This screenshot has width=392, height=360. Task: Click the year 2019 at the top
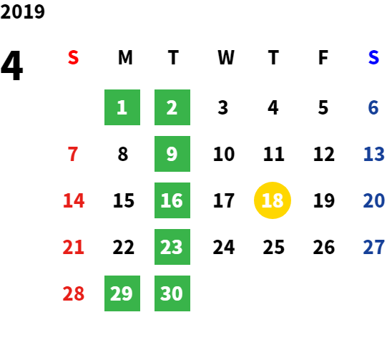22,11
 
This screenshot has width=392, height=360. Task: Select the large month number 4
12,65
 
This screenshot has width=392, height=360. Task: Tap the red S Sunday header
73,57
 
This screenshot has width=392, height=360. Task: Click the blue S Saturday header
373,57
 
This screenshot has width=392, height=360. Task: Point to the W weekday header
226,57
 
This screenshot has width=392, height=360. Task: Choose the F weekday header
323,57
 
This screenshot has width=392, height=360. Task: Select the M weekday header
125,57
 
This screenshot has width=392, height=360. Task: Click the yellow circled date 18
273,200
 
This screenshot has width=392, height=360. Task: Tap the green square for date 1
122,107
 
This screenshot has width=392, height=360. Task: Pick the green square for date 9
172,154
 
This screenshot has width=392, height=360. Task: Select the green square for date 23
172,247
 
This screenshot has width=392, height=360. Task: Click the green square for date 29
122,293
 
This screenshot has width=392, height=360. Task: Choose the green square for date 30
172,293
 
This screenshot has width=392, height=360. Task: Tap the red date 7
73,154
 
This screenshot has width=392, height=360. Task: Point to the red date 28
73,293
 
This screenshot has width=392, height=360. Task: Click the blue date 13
373,154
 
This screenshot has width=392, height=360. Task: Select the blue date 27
373,247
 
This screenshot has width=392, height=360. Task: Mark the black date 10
224,154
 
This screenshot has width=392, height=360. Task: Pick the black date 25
274,247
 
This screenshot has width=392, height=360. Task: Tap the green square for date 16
172,200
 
